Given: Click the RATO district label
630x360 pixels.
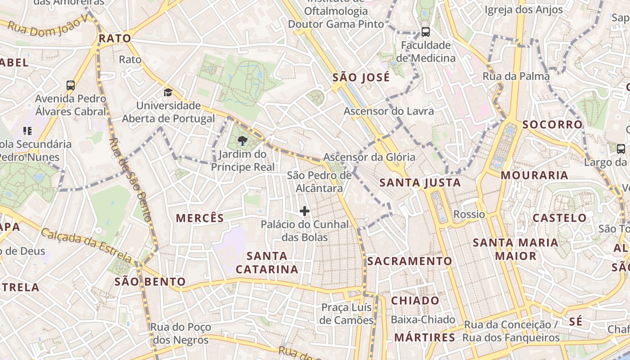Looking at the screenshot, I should coord(115,39).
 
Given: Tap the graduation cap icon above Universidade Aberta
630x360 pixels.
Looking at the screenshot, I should coord(168,93).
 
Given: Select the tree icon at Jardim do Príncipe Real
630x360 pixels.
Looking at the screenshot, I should coord(242,141).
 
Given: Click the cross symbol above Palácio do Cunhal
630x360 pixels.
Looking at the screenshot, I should coord(305,211).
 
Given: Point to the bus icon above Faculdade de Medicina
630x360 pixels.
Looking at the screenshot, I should coord(425,32).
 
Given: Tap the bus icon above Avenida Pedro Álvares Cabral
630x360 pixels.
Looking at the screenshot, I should coord(71,85).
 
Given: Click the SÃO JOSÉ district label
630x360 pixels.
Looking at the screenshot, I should coord(361,78).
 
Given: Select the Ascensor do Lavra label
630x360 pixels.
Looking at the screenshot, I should coord(389,111).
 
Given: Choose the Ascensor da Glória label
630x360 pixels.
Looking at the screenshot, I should coord(369,157).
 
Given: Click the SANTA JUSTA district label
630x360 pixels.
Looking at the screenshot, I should coord(420,183).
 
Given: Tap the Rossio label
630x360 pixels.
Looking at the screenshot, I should coord(469,214).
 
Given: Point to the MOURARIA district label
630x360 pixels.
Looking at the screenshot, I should coord(534,175).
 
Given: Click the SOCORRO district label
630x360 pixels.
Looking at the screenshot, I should coord(552,125).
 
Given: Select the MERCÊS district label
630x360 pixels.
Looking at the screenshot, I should coord(200,219).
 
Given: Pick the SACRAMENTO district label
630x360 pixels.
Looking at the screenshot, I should coord(409,261).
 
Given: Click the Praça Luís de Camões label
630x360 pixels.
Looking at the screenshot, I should coord(346,314).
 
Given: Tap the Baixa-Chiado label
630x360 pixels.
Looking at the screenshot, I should coord(423,320).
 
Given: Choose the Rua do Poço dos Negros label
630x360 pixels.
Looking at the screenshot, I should coord(180,333).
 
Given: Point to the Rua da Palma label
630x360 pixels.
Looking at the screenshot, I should coord(516,76).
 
